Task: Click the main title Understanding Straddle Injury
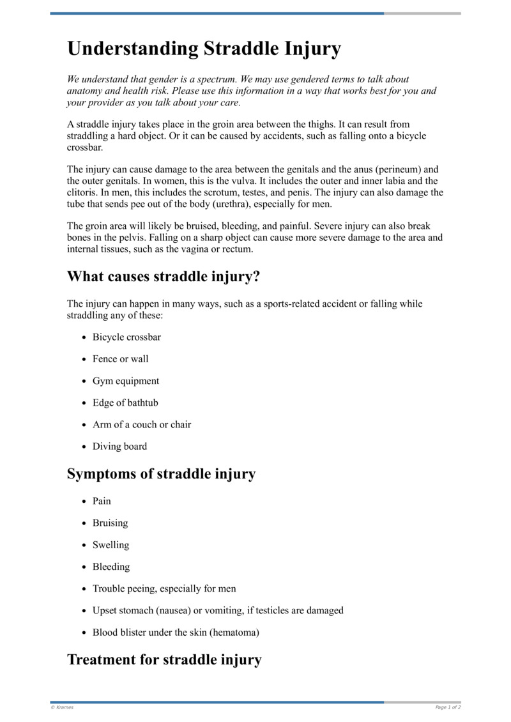point(204,49)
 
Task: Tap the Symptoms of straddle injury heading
point(161,473)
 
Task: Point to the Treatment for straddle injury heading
point(164,659)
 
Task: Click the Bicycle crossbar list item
point(126,337)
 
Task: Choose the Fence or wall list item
point(120,358)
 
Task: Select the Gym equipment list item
point(126,381)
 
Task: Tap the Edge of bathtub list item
point(125,403)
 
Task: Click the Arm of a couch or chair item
point(142,424)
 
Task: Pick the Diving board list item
point(119,446)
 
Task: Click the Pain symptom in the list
point(102,501)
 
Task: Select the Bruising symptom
point(110,523)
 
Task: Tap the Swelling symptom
point(111,545)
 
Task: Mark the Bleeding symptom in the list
point(111,567)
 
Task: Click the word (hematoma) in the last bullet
point(236,632)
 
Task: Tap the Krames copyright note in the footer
point(62,707)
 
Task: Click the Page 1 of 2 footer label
point(448,707)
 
